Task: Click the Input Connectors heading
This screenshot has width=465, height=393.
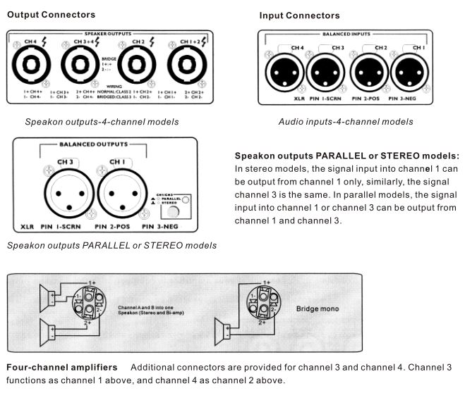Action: pyautogui.click(x=299, y=15)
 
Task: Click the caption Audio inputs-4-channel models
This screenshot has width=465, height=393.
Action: pyautogui.click(x=346, y=122)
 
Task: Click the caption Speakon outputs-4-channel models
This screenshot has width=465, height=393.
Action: pyautogui.click(x=102, y=122)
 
